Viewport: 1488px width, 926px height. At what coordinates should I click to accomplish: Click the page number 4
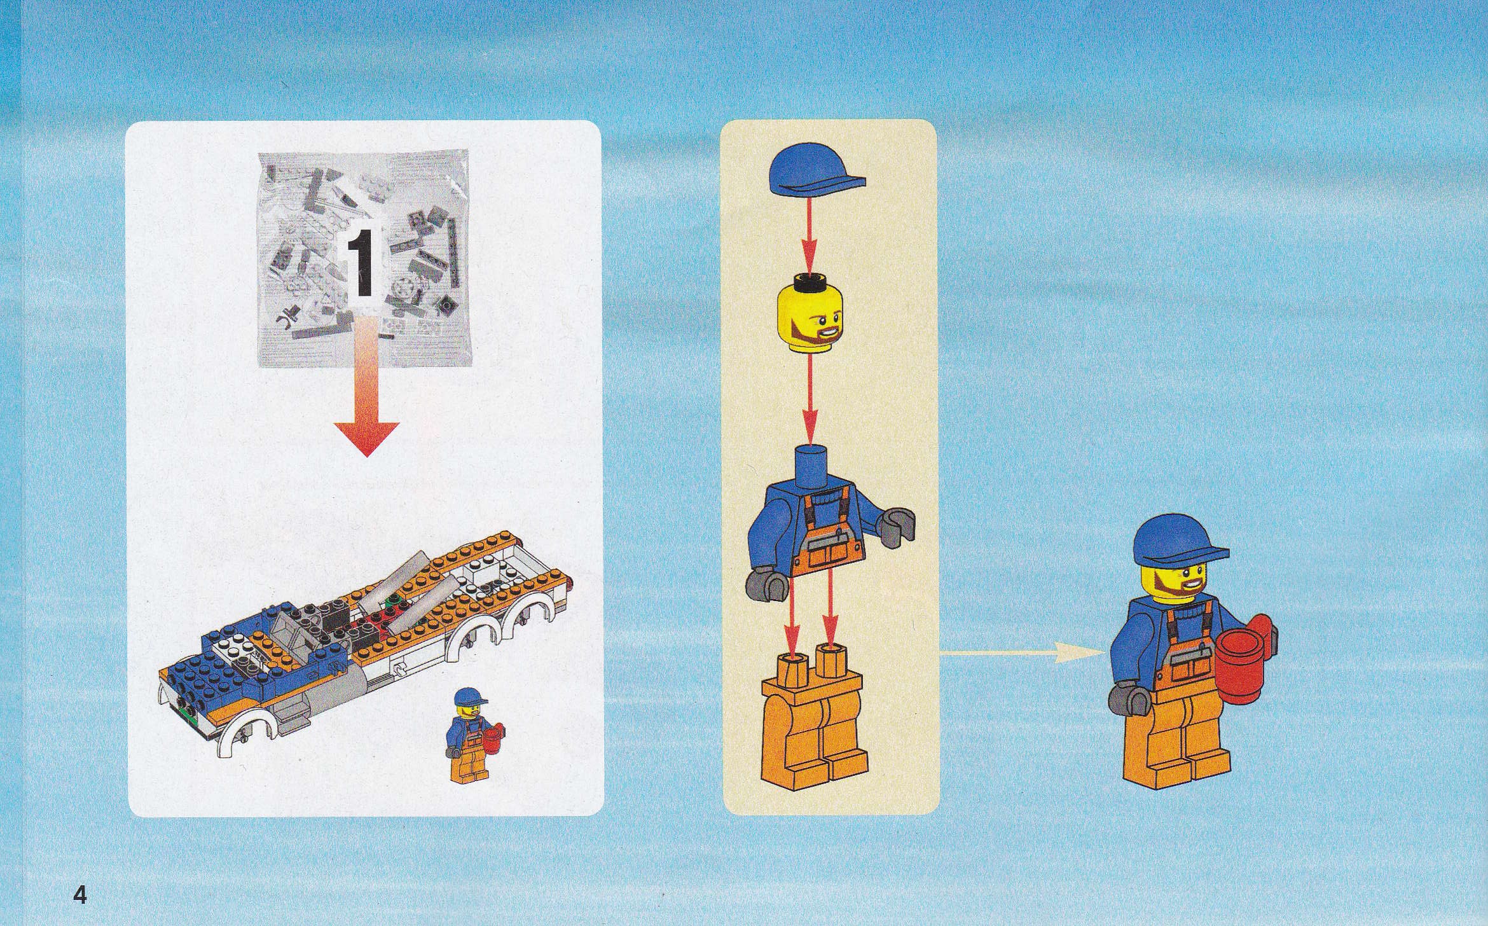80,878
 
